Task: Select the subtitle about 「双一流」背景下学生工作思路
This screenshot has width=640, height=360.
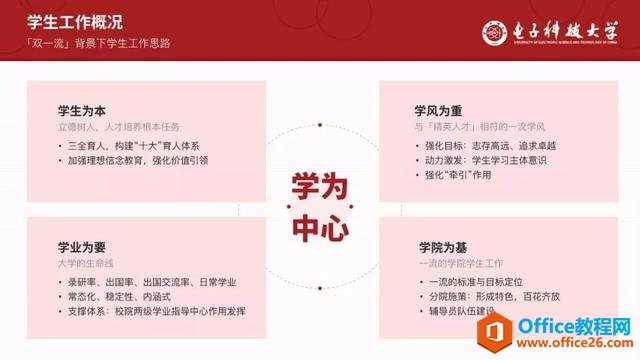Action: pyautogui.click(x=99, y=44)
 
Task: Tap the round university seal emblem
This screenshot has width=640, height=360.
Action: pyautogui.click(x=497, y=31)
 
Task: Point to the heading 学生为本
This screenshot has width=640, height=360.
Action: pyautogui.click(x=84, y=111)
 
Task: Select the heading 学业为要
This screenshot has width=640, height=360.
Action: pyautogui.click(x=84, y=246)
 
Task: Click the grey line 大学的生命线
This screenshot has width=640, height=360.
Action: pyautogui.click(x=89, y=263)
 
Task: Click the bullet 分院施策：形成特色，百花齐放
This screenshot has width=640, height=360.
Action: pyautogui.click(x=487, y=297)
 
